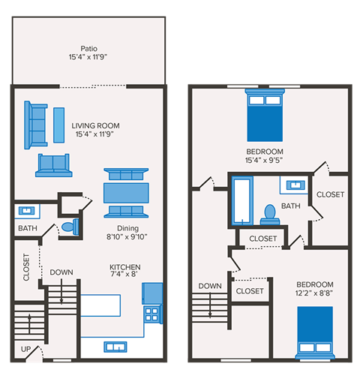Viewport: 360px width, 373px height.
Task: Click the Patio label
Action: coord(88,50)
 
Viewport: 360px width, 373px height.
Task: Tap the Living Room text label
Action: coord(96,130)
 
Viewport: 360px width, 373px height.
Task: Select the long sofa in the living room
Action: coord(35,125)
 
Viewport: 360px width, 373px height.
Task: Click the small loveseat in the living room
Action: coord(52,164)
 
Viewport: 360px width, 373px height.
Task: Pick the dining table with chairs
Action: coord(125,191)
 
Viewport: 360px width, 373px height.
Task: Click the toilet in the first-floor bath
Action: coord(68,226)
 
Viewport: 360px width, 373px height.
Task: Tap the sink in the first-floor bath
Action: coord(27,211)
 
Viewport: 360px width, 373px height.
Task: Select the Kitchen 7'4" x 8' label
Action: coord(124,270)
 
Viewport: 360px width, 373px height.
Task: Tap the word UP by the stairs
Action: coord(25,350)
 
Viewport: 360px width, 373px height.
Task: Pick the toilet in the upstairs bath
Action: coord(268,214)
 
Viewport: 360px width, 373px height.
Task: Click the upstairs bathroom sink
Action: coord(293,185)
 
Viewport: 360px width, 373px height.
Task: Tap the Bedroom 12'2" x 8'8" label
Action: coord(315,288)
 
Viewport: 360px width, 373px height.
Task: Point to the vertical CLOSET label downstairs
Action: coord(26,267)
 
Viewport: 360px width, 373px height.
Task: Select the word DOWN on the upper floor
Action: coord(210,286)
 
